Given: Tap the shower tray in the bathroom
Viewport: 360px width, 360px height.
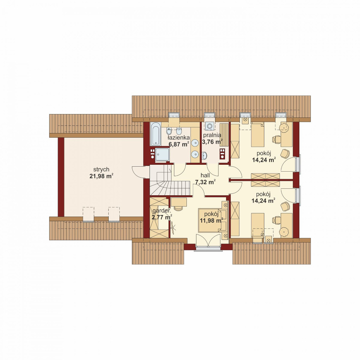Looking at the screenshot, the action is point(162,154).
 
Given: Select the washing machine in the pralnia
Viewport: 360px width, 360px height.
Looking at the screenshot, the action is point(210,126).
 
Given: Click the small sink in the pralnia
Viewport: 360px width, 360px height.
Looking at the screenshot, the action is point(204,156).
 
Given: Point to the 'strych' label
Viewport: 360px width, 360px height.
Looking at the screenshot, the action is point(101,169).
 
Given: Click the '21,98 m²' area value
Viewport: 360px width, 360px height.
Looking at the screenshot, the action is point(101,176).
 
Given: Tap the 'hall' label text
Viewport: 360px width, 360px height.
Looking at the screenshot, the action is point(205,176).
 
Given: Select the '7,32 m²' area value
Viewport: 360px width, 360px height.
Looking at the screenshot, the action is point(205,182).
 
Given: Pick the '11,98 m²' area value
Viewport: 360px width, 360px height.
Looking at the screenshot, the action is point(211,221).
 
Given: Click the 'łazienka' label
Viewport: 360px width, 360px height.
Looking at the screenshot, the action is point(179,138).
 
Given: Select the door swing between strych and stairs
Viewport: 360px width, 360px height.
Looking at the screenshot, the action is point(138,172).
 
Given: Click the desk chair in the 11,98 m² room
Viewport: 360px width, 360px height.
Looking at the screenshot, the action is point(178,208).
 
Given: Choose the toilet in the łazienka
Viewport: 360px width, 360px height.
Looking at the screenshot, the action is point(179,131).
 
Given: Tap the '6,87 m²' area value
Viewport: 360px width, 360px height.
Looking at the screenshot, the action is point(179,144).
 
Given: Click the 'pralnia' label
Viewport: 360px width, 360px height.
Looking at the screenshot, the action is point(212,135).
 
